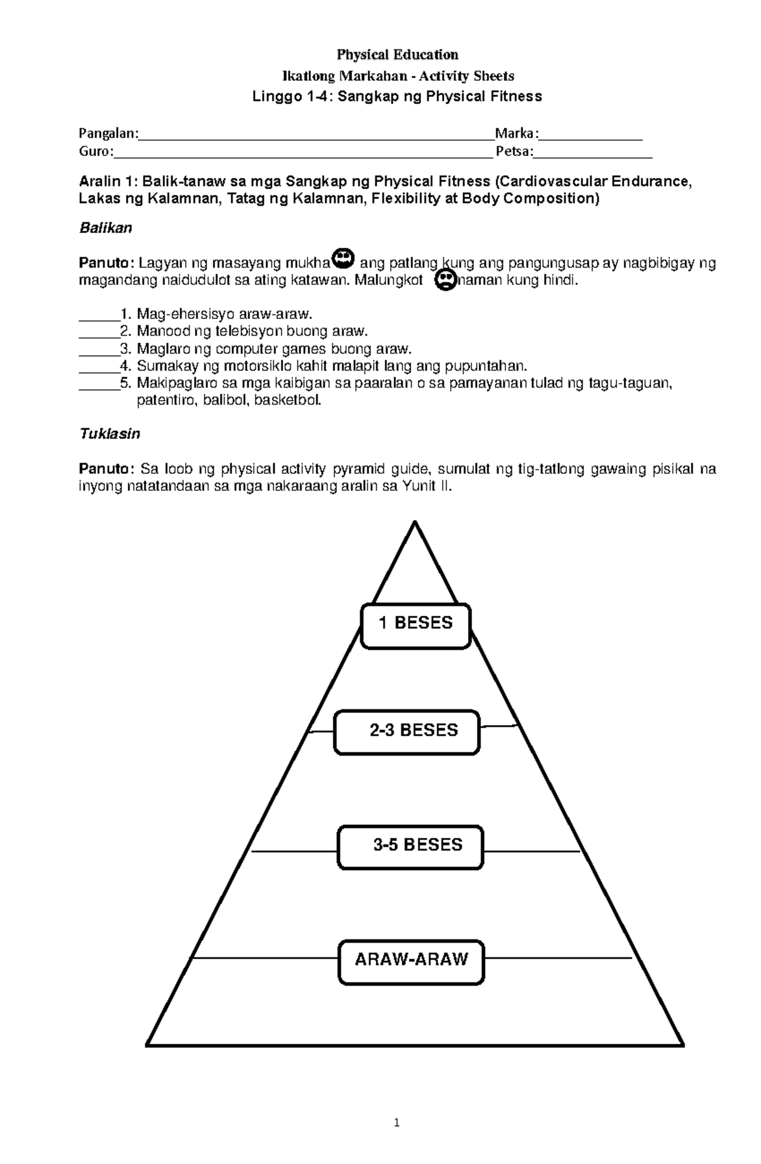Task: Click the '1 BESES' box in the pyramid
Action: coord(415,626)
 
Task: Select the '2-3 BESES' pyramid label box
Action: coord(407,732)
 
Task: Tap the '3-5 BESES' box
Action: coord(410,847)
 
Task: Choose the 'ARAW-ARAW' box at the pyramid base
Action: coord(411,962)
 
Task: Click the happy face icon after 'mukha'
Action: coord(344,258)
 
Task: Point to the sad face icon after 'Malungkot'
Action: coord(446,280)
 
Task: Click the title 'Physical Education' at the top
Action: coord(398,55)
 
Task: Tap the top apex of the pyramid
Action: coord(415,522)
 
